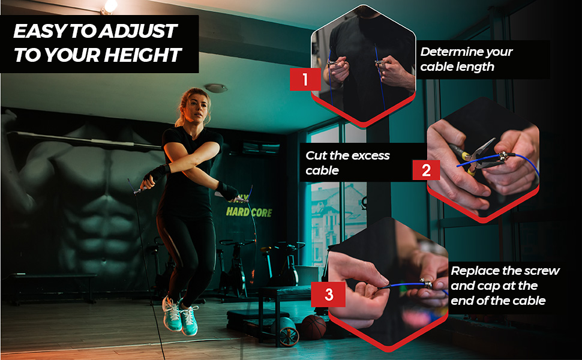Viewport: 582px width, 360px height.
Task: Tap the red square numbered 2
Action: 426,169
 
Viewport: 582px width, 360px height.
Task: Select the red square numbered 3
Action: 329,294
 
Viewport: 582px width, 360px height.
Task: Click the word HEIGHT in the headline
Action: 142,55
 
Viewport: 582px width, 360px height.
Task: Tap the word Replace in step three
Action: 475,271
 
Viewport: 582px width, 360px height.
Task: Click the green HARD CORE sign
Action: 248,212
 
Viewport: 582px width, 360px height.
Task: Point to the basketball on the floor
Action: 313,327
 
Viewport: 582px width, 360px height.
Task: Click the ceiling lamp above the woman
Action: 215,88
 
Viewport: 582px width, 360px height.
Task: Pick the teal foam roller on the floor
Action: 286,331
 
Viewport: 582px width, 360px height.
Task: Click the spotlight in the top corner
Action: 110,6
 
